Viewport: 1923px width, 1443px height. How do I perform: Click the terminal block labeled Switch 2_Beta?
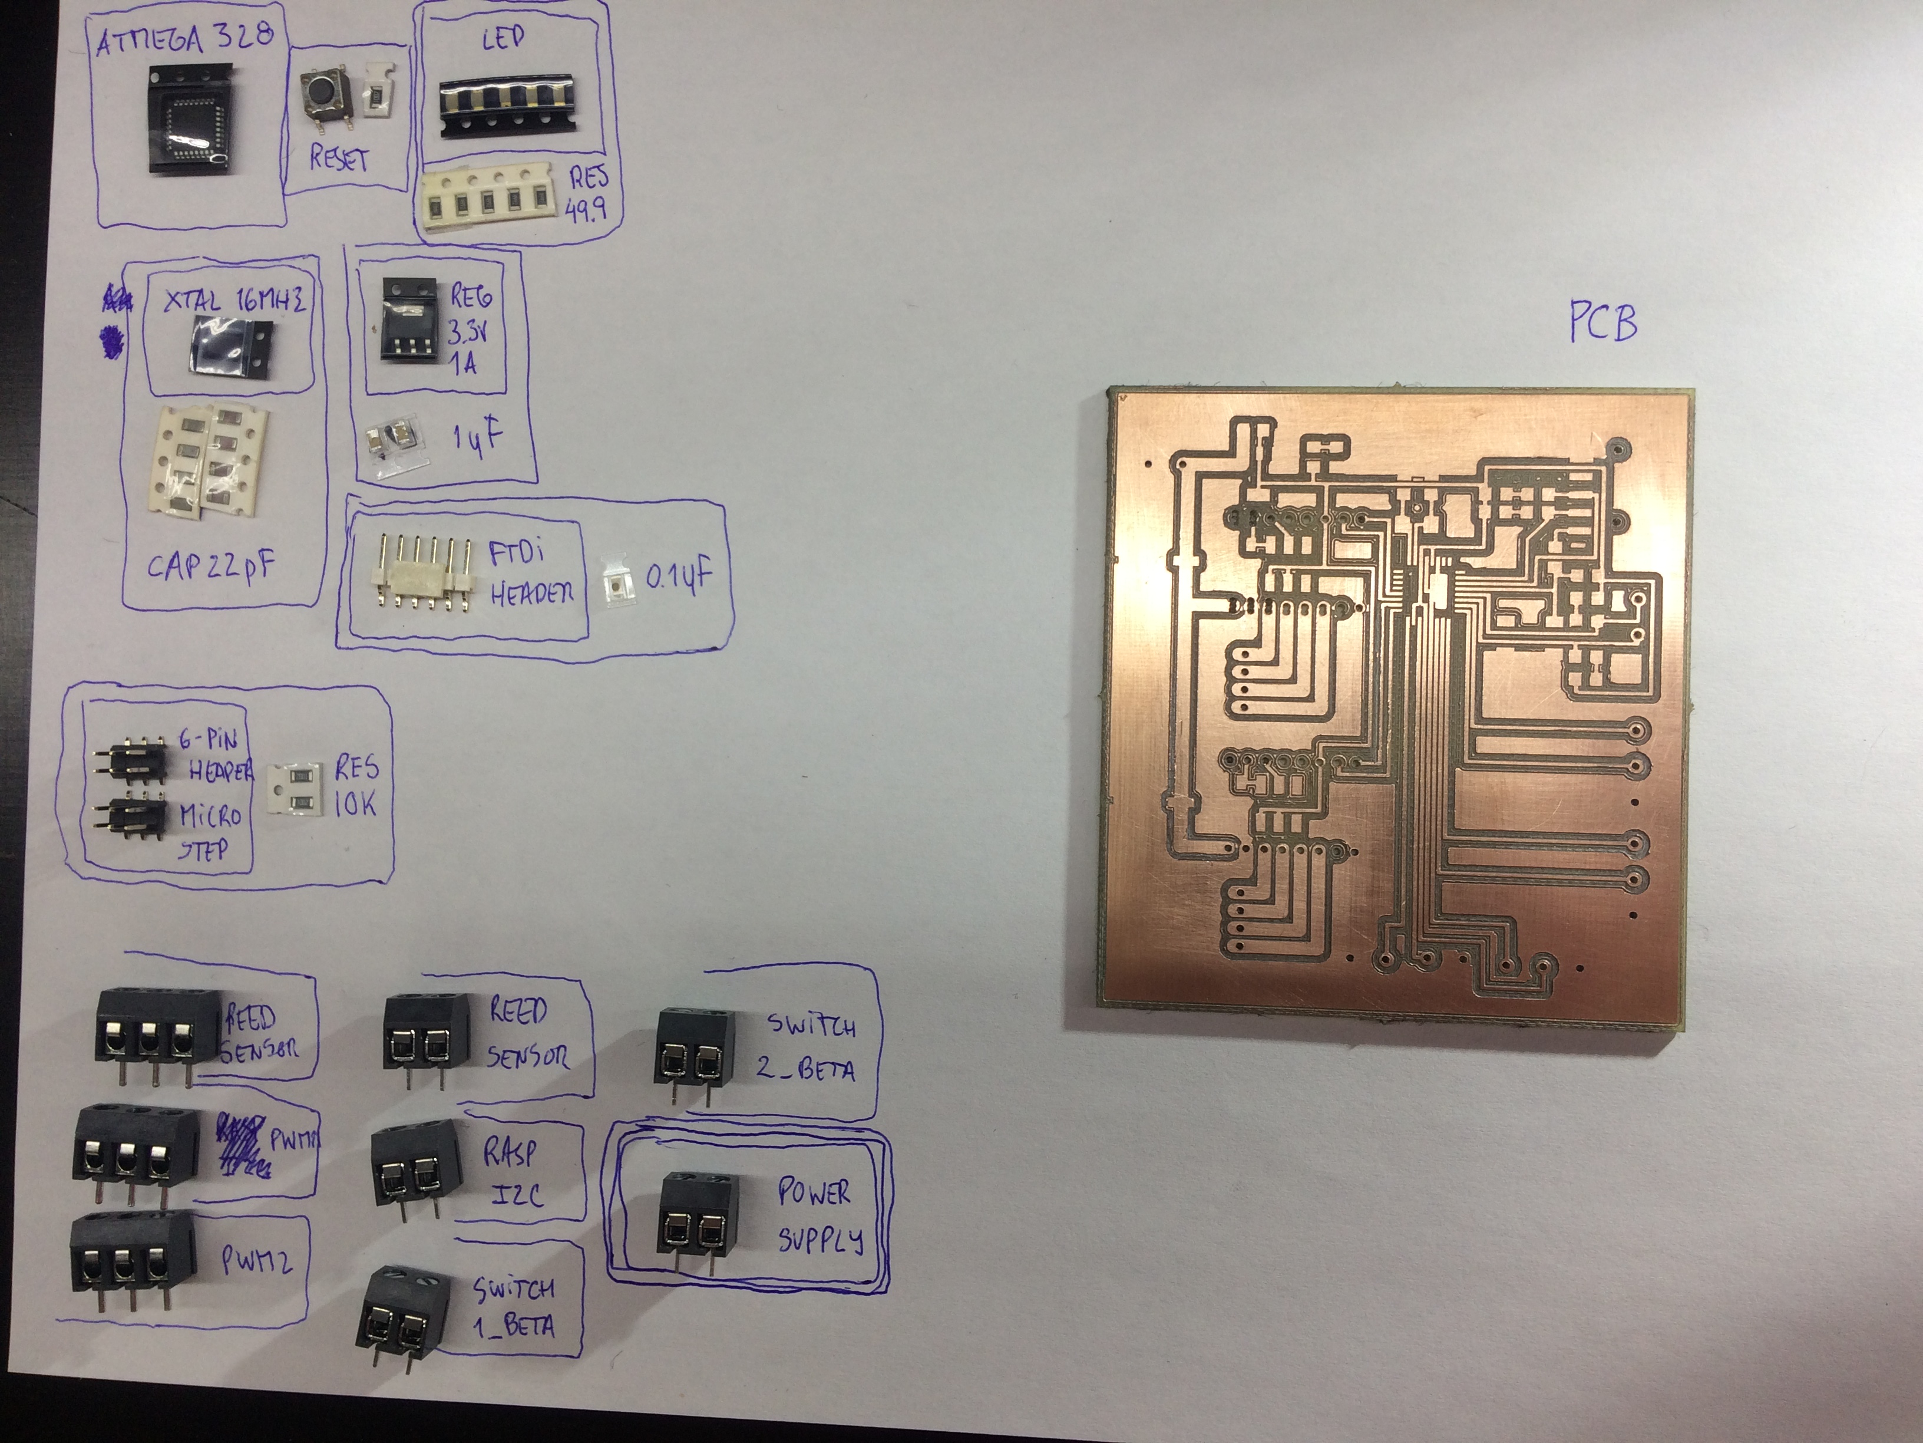click(x=695, y=1054)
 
